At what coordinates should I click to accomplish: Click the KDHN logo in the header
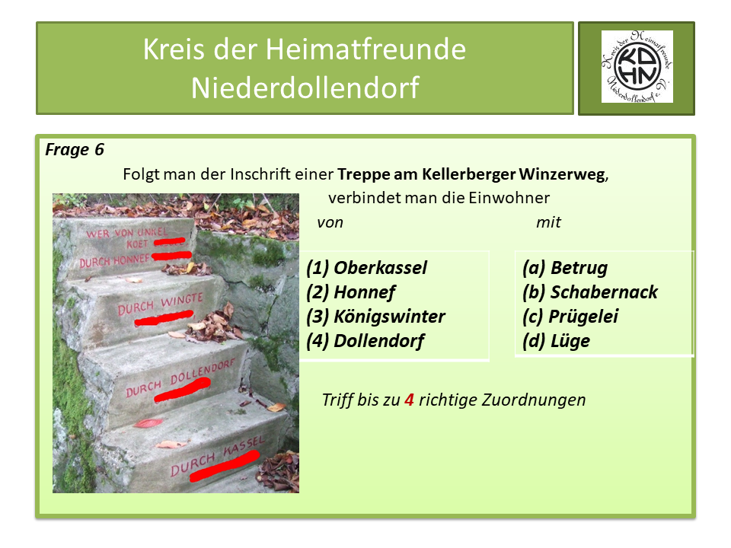(x=637, y=67)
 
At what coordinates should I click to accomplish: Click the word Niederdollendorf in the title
(x=305, y=88)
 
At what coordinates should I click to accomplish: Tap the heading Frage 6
(x=75, y=150)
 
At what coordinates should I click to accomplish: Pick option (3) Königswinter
(x=376, y=317)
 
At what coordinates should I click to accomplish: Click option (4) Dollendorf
(x=365, y=341)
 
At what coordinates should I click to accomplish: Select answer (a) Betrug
(x=565, y=268)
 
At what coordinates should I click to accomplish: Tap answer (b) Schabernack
(x=590, y=292)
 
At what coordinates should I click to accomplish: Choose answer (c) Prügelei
(x=570, y=317)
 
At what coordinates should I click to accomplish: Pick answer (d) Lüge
(x=557, y=341)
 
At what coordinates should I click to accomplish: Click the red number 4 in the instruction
(x=409, y=400)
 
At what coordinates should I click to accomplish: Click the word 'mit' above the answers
(x=548, y=222)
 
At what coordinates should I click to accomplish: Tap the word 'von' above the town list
(x=330, y=222)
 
